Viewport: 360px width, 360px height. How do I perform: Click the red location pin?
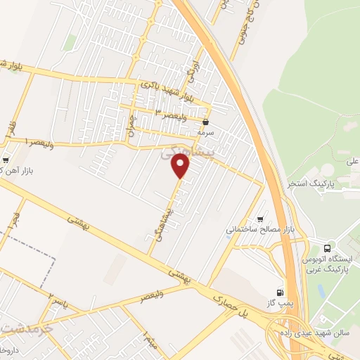(182, 166)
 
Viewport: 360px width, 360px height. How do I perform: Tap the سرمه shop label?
(204, 131)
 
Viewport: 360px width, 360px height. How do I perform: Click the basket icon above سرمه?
(205, 122)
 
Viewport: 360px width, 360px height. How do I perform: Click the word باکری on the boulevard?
(150, 84)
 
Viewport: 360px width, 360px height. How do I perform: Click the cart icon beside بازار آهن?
(6, 160)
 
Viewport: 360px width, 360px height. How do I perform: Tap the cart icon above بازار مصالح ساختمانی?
(262, 219)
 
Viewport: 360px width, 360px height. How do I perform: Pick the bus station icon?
(327, 247)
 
